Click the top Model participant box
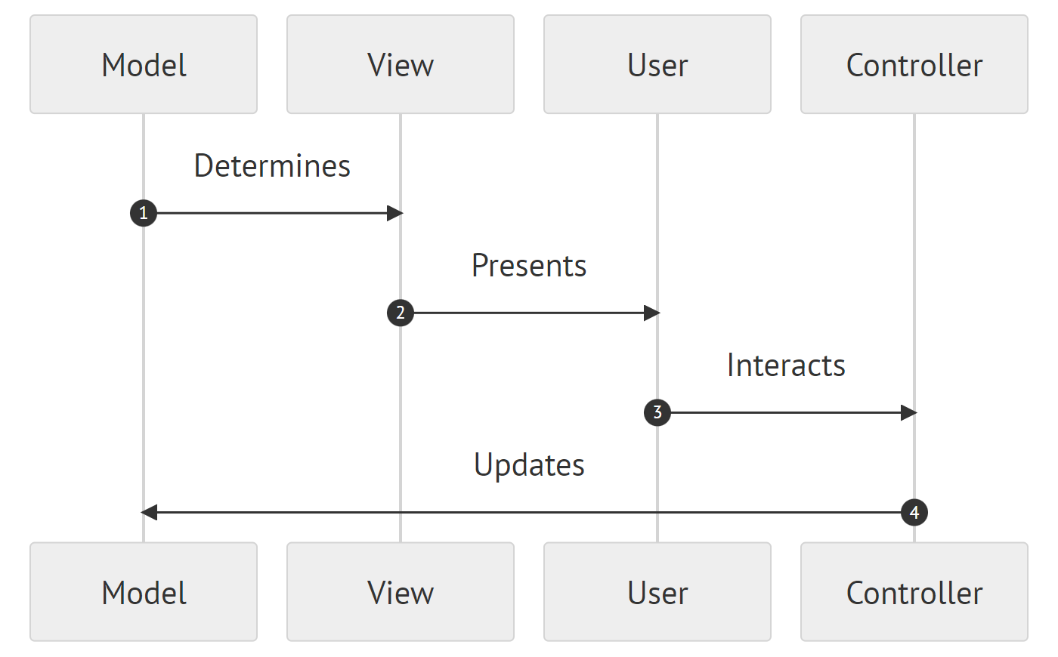144,65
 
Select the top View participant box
401,65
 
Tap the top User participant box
657,65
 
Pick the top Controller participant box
914,65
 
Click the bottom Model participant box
144,592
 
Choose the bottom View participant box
401,592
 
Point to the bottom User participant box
657,592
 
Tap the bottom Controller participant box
914,592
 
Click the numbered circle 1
144,213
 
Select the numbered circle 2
401,313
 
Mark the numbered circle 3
657,412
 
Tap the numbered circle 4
914,512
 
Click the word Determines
272,166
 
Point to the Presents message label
529,266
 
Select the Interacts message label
786,366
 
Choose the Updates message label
529,465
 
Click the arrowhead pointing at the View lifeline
394,213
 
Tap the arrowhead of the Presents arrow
651,313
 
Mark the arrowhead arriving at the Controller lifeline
908,412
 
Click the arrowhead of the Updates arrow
150,512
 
